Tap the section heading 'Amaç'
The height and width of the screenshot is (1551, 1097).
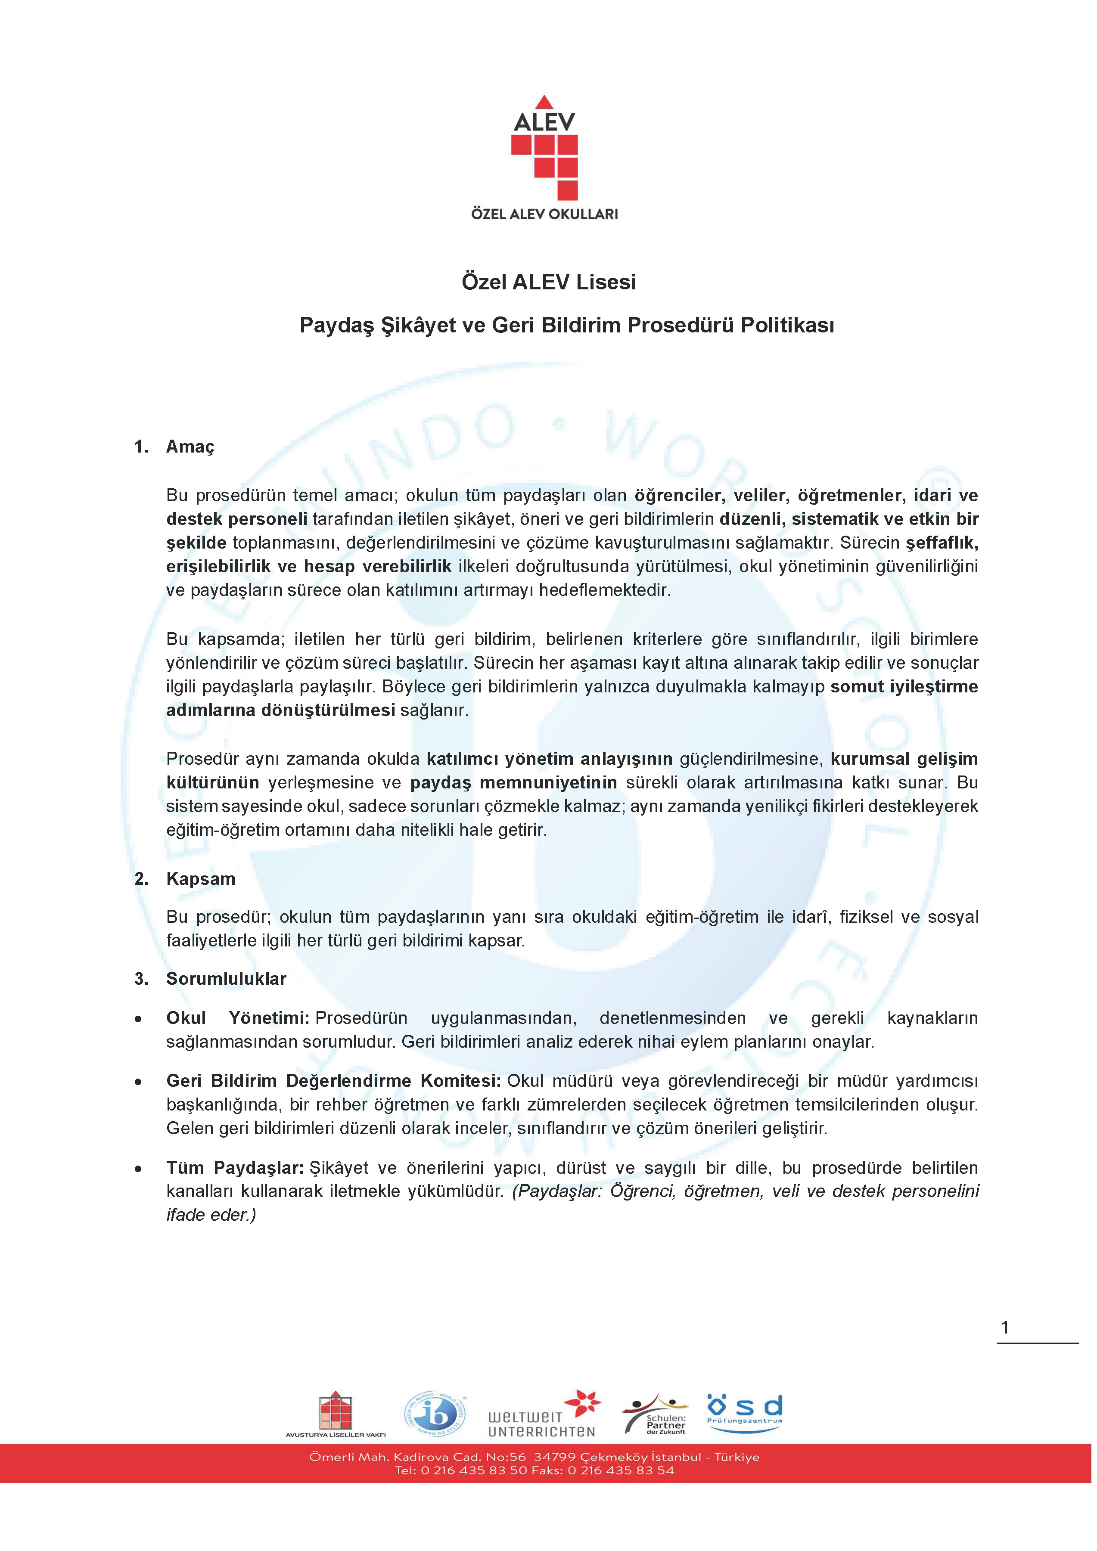point(190,447)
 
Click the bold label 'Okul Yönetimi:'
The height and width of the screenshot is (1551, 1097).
point(237,1018)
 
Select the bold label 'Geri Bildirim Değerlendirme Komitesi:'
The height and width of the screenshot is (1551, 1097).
point(333,1081)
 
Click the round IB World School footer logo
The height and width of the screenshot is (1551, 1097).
point(436,1414)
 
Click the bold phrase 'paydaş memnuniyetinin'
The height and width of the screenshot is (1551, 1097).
point(513,782)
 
